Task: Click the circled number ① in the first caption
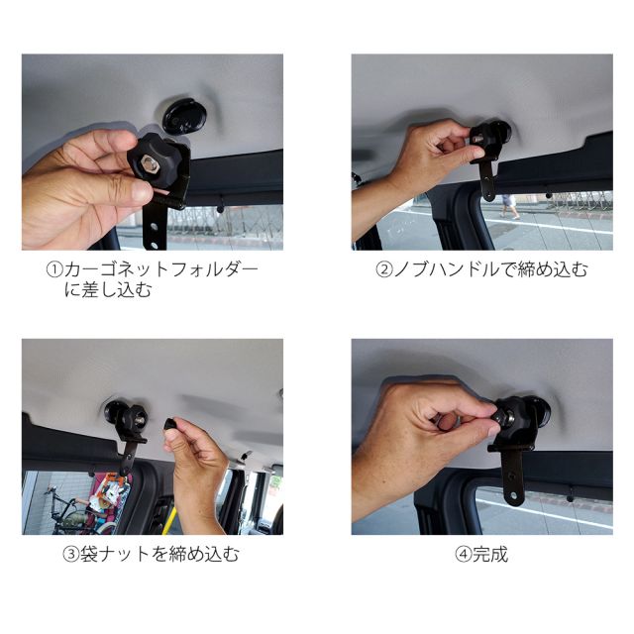coord(54,269)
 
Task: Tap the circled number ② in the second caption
coord(384,269)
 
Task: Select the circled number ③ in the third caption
coord(70,555)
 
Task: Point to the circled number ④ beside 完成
coord(464,555)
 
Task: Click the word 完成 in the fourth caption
coord(490,555)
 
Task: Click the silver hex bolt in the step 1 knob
coord(147,163)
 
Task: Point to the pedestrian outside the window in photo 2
coord(510,206)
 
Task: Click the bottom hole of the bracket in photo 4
coord(514,495)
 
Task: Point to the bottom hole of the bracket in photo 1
coord(155,245)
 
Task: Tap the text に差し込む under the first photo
coord(108,290)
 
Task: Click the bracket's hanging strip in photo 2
coord(488,180)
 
